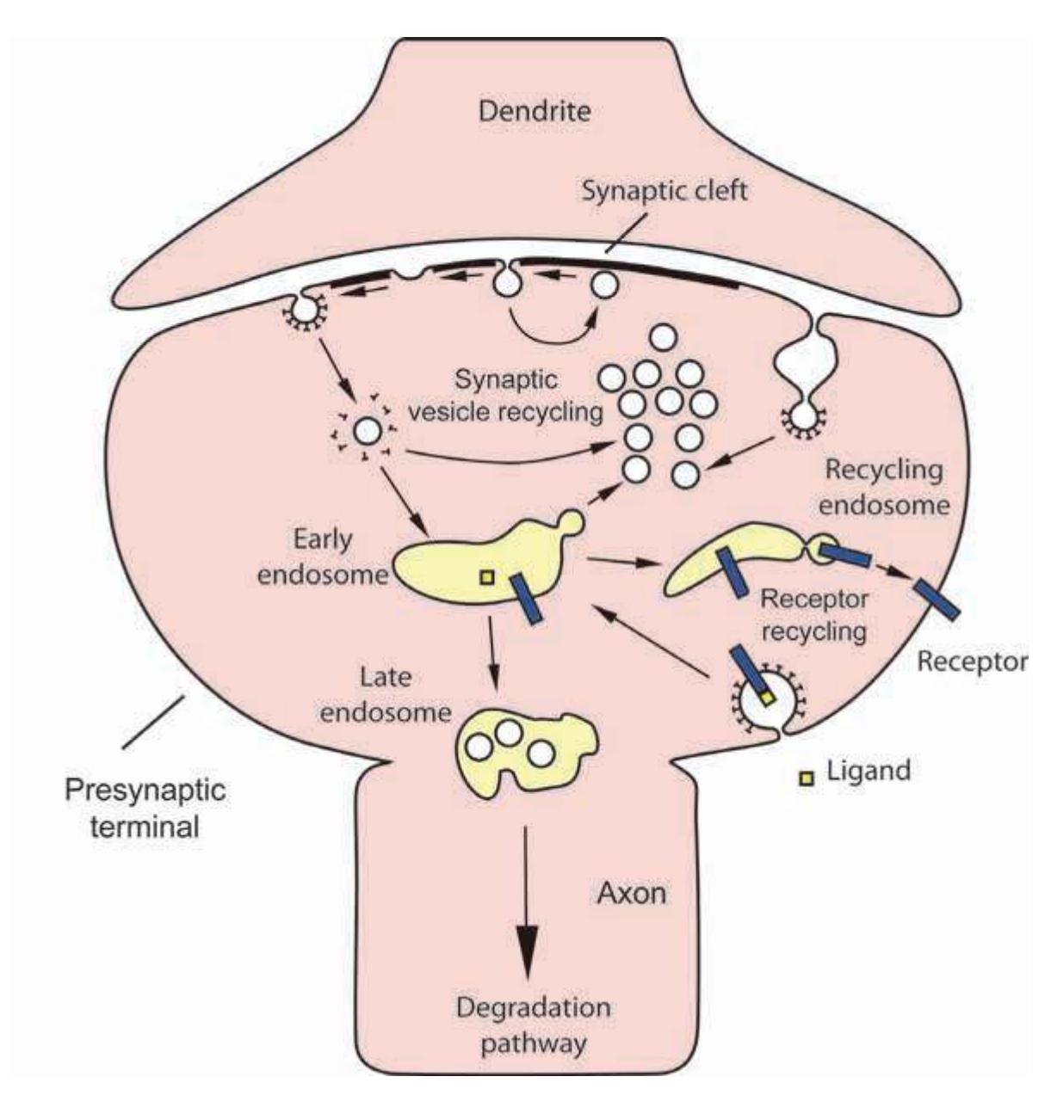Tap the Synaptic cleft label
665,191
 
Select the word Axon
631,894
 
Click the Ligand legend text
868,770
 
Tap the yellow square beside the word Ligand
807,779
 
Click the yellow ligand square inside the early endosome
487,577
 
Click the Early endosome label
322,556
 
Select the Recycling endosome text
883,486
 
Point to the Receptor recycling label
813,614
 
